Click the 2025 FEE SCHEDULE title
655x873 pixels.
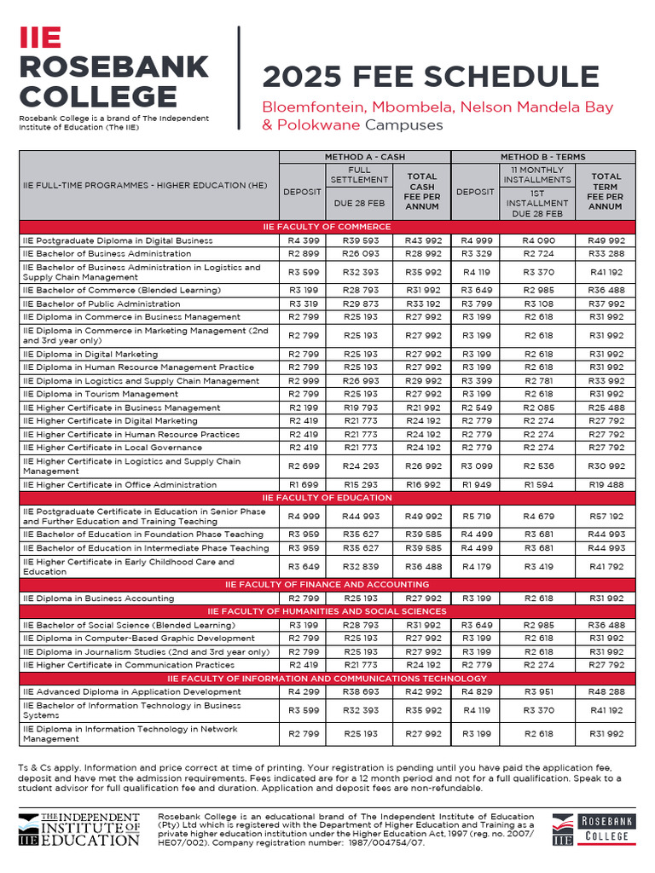tap(430, 77)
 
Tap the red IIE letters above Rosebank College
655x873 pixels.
tap(40, 37)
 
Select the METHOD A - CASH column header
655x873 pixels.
tap(365, 157)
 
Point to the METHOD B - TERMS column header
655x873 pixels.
tap(542, 157)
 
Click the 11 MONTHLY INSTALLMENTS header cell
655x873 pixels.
tap(536, 175)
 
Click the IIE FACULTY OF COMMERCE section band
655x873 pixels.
tap(327, 227)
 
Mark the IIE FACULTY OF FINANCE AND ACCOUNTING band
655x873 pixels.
tap(327, 584)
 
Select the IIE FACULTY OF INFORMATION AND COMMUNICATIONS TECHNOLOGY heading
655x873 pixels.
tap(327, 678)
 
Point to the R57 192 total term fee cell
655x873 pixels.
tap(606, 516)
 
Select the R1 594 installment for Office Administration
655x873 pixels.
tap(536, 484)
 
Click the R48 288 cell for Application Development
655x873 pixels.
tap(606, 691)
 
